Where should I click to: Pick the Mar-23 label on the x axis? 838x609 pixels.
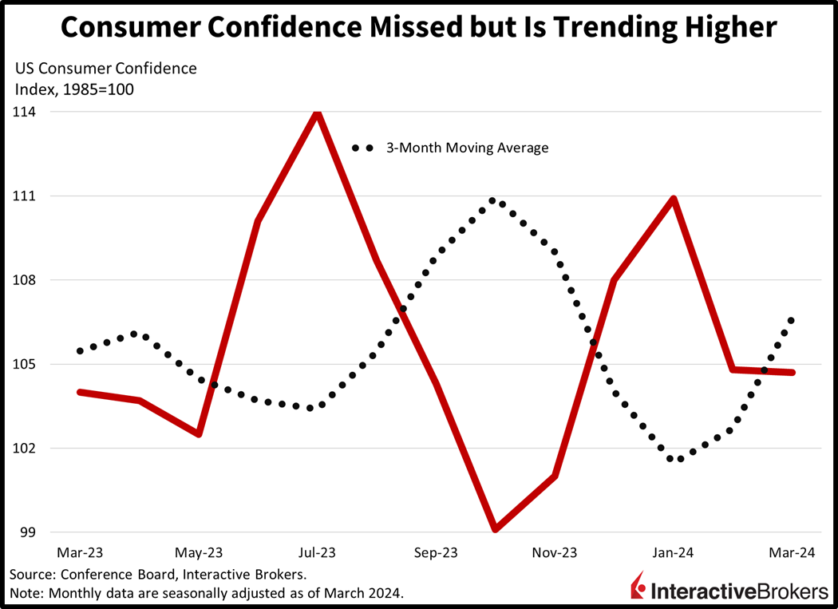click(x=79, y=552)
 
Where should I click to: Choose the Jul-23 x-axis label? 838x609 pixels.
click(x=318, y=552)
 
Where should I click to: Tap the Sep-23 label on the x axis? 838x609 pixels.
click(x=437, y=552)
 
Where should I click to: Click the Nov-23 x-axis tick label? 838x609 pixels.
click(x=555, y=552)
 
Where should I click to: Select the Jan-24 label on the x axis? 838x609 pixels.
click(x=674, y=552)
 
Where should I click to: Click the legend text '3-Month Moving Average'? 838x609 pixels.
click(x=467, y=148)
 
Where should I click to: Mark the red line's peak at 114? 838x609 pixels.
click(x=318, y=113)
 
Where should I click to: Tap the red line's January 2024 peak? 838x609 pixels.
click(x=674, y=199)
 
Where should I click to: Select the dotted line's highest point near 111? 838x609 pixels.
click(x=492, y=201)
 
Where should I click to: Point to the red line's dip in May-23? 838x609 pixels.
click(x=199, y=433)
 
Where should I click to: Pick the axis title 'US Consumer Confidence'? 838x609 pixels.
click(x=105, y=69)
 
